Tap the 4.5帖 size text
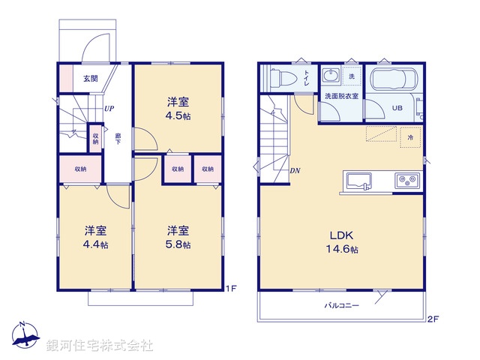coord(178,116)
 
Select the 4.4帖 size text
coord(95,245)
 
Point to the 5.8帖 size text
coord(178,245)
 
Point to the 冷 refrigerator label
coord(410,138)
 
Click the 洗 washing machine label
coord(351,76)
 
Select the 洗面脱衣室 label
coord(340,96)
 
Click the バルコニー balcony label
coord(342,305)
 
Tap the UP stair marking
coord(109,108)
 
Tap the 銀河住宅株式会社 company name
coord(99,346)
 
